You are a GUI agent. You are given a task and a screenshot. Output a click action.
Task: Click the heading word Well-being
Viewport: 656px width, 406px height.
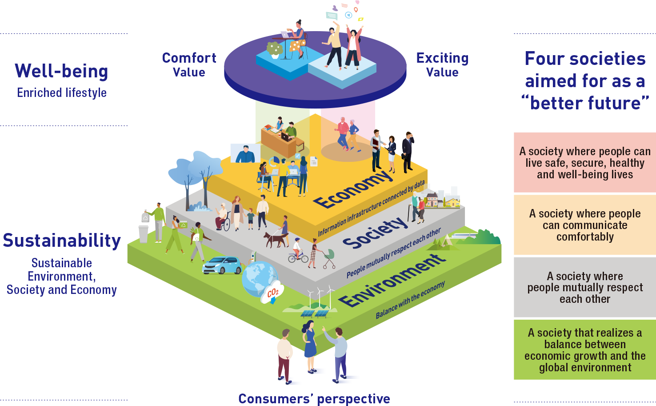pyautogui.click(x=61, y=71)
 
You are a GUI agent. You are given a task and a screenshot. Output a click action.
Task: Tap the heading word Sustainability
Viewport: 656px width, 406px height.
pyautogui.click(x=62, y=241)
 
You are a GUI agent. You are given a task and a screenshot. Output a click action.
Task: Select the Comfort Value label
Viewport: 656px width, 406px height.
pyautogui.click(x=189, y=65)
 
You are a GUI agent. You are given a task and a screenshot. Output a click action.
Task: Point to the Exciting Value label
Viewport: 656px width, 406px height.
pyautogui.click(x=442, y=65)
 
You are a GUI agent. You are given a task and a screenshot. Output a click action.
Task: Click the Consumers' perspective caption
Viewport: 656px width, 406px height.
pyautogui.click(x=314, y=398)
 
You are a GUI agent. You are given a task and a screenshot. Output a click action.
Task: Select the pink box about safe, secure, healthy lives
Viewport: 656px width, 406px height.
pyautogui.click(x=585, y=163)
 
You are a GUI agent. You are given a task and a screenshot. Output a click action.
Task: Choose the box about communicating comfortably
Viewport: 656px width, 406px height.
pyautogui.click(x=585, y=225)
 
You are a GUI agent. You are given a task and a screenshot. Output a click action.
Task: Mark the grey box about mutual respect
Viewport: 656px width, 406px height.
pyautogui.click(x=585, y=287)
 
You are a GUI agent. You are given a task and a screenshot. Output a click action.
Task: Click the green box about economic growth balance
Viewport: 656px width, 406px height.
pyautogui.click(x=585, y=350)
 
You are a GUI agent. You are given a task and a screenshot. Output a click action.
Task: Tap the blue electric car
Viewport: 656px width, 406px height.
pyautogui.click(x=222, y=265)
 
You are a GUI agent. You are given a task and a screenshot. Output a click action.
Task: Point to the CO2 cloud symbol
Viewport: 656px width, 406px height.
pyautogui.click(x=272, y=292)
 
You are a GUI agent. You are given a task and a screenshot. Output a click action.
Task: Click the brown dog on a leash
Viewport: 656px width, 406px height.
pyautogui.click(x=276, y=240)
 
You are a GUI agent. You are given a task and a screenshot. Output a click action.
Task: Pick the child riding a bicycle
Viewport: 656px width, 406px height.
pyautogui.click(x=297, y=251)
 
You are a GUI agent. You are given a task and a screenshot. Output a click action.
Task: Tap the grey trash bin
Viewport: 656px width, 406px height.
pyautogui.click(x=144, y=234)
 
